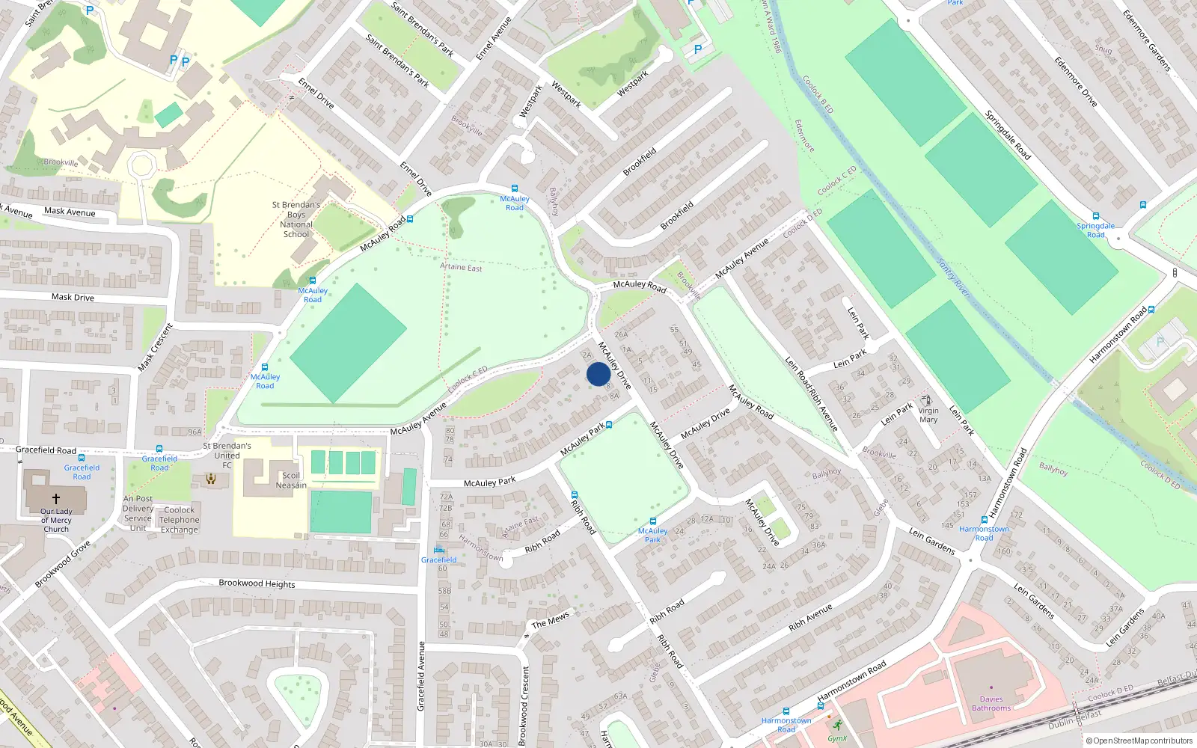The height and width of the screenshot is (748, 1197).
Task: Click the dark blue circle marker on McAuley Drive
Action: (598, 374)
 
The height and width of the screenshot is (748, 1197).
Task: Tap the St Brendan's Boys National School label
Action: (296, 219)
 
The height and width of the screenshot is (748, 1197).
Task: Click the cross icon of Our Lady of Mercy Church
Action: (56, 498)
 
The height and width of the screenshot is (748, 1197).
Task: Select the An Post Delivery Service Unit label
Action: (138, 513)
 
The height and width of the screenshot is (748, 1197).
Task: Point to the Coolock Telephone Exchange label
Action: (180, 520)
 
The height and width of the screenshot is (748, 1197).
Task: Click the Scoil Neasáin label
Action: (291, 480)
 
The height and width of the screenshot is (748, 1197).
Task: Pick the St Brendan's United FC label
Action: (227, 455)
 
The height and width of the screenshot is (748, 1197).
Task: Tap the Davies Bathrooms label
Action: (991, 704)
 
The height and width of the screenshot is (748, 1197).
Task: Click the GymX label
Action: (837, 738)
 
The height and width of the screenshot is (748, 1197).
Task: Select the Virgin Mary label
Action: (928, 415)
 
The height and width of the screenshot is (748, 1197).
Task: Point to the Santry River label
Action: (953, 278)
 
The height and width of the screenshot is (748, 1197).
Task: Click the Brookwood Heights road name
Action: (257, 583)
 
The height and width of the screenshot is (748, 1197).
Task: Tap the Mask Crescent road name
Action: (156, 347)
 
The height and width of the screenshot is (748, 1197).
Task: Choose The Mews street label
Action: (550, 620)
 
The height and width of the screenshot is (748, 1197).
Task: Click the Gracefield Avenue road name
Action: (421, 675)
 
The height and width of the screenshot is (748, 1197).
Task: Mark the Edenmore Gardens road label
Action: (1146, 40)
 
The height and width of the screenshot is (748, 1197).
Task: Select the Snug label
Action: (1103, 49)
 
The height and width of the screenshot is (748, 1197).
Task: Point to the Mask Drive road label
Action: (73, 297)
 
